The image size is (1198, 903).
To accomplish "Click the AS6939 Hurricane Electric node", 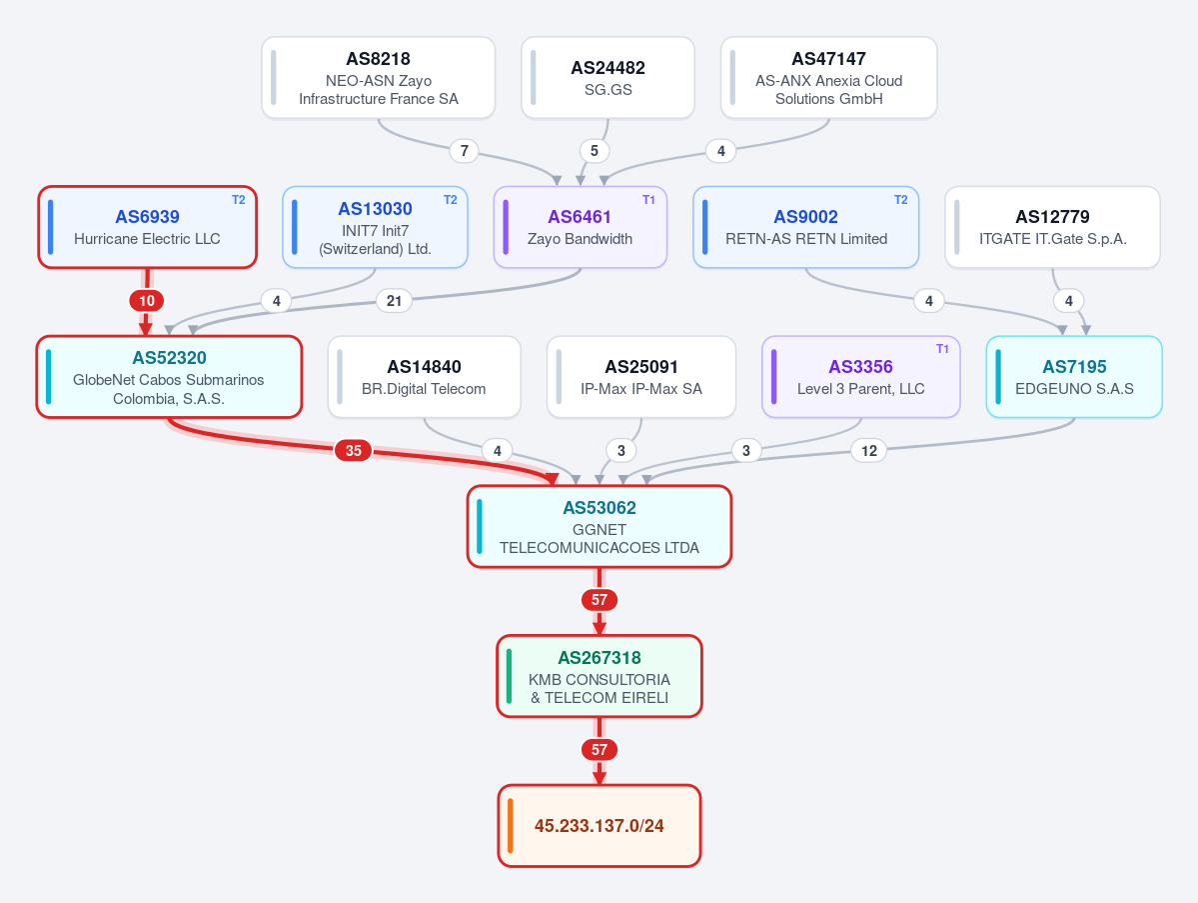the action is point(148,227).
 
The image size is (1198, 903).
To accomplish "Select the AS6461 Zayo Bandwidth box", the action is point(581,227).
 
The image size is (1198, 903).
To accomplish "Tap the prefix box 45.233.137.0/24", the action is point(599,826).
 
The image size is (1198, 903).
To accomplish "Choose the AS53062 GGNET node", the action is point(599,527).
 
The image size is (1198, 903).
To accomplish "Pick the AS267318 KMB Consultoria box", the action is point(599,677).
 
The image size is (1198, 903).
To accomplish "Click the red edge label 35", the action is point(353,450).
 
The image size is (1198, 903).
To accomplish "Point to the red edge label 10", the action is point(147,300).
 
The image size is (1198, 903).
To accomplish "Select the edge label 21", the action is point(395,300).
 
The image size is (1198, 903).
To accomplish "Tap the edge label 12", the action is point(869,450).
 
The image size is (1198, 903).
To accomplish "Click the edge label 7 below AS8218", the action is point(464,151).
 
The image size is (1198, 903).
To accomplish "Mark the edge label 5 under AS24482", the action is point(595,151).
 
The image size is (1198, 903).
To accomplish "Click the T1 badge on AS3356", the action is point(943,349).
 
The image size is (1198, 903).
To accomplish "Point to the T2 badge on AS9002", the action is point(901,200).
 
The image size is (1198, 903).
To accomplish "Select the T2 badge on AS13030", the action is point(450,200).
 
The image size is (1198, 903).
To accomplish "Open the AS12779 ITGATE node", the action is point(1053,227).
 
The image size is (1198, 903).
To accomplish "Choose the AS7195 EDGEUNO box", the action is point(1074,377).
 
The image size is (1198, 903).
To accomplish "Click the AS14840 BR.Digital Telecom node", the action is point(424,377).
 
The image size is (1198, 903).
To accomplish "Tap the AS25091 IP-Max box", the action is point(641,377).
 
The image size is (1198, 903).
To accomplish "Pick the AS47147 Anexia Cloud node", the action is point(829,77).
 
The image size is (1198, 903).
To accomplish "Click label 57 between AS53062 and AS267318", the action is point(599,600).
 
